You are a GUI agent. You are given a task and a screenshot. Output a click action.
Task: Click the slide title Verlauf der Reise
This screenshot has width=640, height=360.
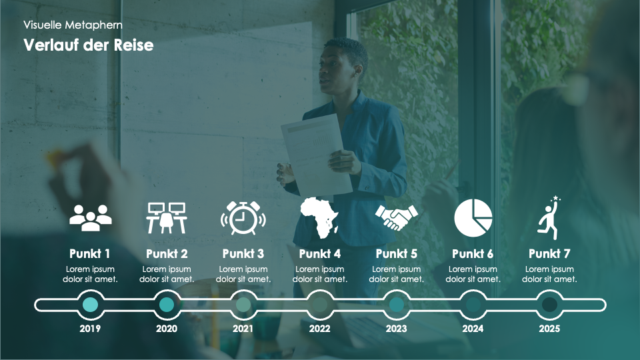point(89,45)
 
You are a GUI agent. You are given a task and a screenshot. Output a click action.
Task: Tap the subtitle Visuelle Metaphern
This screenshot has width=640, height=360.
point(73,25)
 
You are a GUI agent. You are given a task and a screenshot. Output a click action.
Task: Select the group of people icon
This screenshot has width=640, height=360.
point(91,218)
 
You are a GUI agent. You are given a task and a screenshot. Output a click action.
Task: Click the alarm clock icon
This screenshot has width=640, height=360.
point(243,218)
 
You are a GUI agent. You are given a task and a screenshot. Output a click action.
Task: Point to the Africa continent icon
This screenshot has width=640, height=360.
point(319,217)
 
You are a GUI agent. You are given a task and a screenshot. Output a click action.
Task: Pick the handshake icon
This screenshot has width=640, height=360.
point(396,217)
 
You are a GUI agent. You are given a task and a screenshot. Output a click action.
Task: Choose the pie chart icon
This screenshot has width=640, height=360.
point(473,218)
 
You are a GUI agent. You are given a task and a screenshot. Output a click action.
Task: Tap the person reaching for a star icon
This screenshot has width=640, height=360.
point(549,218)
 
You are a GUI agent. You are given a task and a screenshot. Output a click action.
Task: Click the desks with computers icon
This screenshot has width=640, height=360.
point(167,218)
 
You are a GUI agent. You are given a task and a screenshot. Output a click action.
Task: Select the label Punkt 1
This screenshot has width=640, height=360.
point(90,254)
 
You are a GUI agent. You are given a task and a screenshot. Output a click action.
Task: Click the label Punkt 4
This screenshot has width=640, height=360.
point(319,254)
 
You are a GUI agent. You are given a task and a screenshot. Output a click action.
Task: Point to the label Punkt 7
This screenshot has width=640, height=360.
point(549,254)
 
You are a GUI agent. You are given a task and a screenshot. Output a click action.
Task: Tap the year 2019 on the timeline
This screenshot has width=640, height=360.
point(90,329)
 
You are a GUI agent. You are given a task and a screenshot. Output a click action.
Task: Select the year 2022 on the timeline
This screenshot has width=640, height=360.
point(319,329)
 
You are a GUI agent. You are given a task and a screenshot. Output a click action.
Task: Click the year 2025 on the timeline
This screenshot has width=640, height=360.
point(549,329)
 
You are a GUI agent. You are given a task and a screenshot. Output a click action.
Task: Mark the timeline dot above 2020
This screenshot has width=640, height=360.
point(167,305)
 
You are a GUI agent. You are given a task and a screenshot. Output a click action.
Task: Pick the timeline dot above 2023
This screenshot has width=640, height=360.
point(396,305)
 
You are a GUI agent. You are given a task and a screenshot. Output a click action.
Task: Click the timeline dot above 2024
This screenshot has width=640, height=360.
point(473,305)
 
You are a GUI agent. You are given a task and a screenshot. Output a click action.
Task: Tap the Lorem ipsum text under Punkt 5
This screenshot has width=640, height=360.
point(396,274)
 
